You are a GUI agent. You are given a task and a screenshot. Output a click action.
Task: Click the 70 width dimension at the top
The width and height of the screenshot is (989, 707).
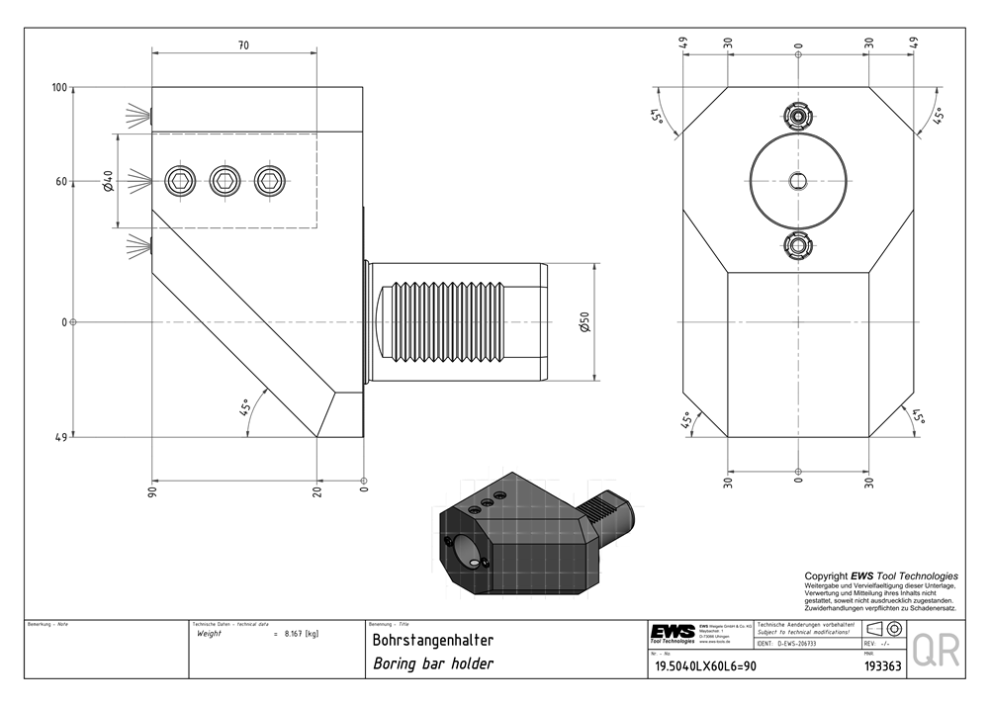[243, 45]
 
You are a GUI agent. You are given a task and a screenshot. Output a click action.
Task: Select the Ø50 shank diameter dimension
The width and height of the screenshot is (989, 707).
[584, 321]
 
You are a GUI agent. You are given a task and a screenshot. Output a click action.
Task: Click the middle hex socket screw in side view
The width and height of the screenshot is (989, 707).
[225, 179]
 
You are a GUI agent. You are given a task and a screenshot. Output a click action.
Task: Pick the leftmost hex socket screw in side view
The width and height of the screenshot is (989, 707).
[180, 179]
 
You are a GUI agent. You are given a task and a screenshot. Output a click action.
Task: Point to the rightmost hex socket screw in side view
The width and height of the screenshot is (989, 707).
[268, 179]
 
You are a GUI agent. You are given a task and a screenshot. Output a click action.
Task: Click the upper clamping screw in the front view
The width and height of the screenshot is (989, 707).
[798, 115]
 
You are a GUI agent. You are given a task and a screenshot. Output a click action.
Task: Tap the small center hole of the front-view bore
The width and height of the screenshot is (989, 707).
[798, 179]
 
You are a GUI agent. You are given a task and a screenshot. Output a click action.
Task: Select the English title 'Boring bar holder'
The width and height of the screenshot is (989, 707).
[432, 663]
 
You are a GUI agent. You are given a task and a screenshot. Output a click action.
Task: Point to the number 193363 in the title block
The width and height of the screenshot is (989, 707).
[880, 666]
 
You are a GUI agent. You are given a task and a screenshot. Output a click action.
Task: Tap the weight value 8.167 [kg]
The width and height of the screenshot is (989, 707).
[301, 633]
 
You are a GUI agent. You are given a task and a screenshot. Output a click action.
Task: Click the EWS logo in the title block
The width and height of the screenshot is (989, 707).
[672, 631]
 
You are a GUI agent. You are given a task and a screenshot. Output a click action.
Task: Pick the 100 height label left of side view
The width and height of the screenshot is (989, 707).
[59, 88]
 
